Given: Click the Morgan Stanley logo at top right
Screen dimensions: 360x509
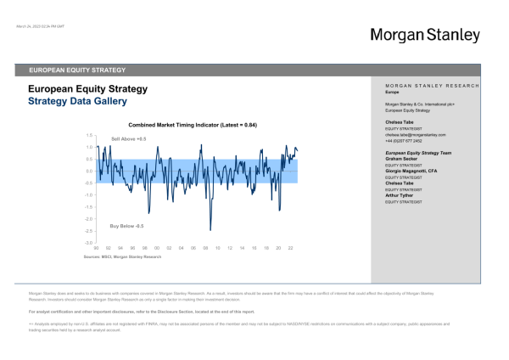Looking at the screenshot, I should point(424,36).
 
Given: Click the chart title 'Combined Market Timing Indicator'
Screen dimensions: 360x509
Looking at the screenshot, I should point(175,125).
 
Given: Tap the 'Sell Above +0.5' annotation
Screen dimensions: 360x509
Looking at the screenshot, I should point(129,138).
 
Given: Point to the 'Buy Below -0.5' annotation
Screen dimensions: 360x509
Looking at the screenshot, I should point(127,226).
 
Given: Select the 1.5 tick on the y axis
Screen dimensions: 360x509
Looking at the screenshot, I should point(88,135).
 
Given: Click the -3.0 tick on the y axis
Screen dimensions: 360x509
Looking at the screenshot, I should point(87,242).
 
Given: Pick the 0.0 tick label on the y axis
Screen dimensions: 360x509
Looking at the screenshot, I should point(88,171).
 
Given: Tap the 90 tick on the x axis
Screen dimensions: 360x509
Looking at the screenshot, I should point(96,248).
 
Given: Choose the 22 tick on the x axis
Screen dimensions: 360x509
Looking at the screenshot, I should point(290,248).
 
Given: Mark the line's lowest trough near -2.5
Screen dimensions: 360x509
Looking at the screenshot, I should point(210,229).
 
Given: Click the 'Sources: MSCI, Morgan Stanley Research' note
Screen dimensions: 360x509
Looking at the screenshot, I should point(122,256).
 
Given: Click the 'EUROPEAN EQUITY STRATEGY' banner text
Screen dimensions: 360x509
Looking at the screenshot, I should point(77,70).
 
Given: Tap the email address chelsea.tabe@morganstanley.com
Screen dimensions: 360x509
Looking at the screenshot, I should point(416,135).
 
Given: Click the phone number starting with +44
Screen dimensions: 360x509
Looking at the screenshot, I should point(405,141).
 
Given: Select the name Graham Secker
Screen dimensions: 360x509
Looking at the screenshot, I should point(403,158).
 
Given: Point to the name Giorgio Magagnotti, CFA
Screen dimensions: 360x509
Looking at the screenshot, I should point(415,170).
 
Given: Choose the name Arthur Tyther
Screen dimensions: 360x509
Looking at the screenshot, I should point(401,194).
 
